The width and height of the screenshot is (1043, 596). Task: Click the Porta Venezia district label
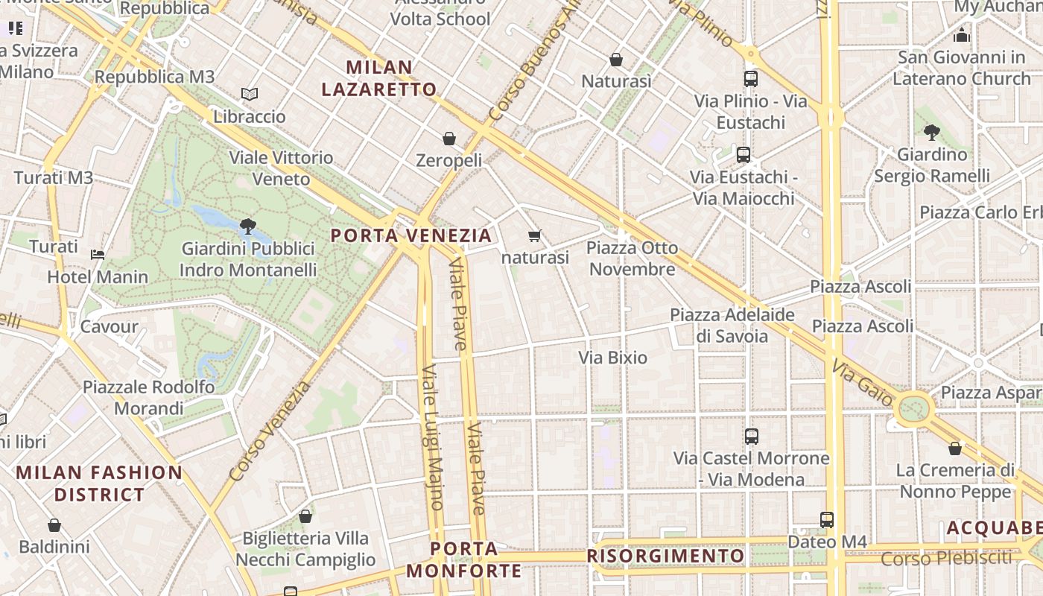click(411, 236)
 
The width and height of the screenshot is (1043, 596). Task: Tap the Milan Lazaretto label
click(379, 78)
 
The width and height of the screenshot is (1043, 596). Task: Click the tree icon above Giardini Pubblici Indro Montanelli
click(248, 226)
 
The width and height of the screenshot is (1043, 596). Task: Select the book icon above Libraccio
click(250, 95)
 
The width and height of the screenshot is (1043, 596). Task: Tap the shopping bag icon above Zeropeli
click(449, 139)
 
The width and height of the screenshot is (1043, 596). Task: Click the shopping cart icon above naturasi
click(534, 236)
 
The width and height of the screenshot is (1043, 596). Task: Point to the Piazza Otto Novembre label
click(633, 258)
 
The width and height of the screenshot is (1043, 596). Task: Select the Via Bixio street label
click(613, 358)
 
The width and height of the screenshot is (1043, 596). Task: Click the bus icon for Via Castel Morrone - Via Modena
click(752, 437)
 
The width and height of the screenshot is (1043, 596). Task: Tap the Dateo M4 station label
click(827, 542)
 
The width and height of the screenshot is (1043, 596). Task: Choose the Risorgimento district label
click(665, 556)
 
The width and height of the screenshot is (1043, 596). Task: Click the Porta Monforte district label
click(464, 560)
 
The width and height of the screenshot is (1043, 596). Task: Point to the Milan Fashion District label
click(99, 484)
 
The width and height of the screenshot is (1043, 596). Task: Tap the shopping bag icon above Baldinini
click(54, 526)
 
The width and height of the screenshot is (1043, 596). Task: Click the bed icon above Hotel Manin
click(98, 255)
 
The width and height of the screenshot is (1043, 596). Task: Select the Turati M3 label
click(54, 177)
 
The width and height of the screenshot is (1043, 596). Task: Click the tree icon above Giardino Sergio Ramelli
click(931, 133)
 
